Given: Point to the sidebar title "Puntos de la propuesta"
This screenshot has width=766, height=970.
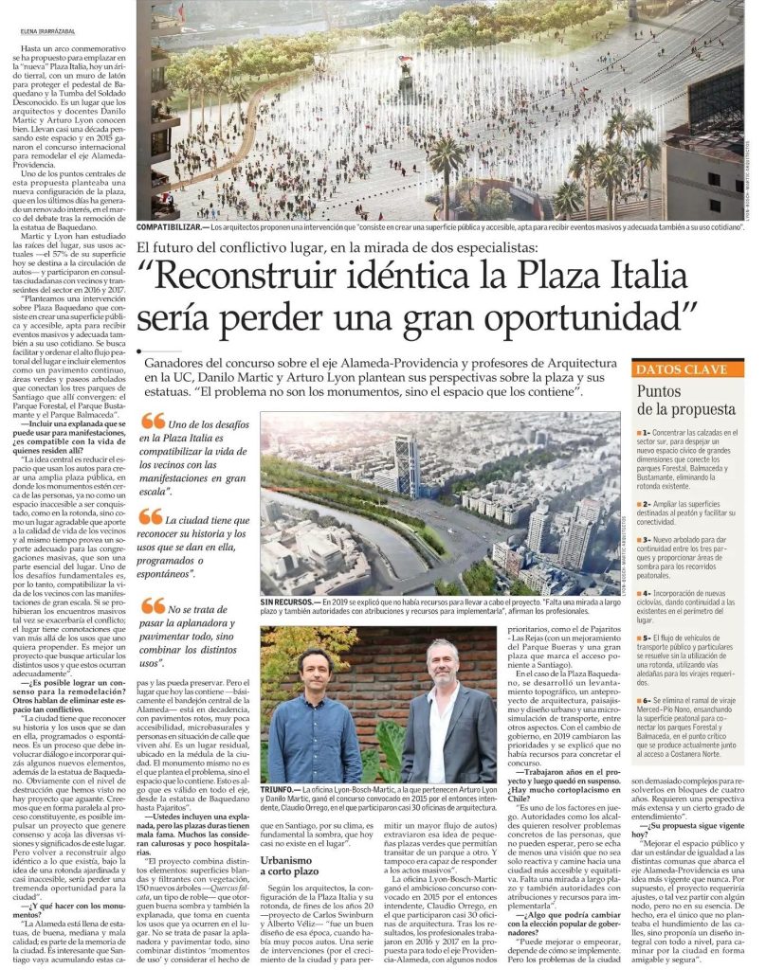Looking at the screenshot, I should pyautogui.click(x=686, y=400).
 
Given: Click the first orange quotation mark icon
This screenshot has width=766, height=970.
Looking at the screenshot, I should pyautogui.click(x=151, y=421).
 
